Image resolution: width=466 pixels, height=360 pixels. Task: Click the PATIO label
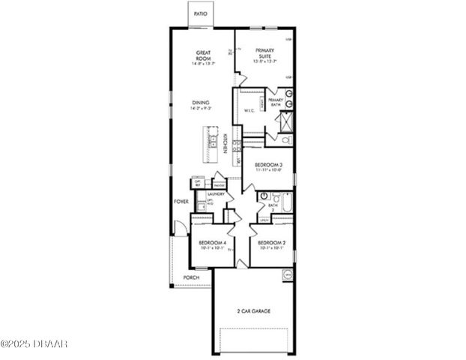pos(201,14)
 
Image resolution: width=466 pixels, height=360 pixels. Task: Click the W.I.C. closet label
pos(249,112)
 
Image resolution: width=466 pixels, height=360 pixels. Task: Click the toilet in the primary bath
pos(285,138)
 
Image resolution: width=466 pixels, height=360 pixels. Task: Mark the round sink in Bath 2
pos(264,195)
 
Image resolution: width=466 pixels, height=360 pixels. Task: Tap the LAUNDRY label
pos(216,193)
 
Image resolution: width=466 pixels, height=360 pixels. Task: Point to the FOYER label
pos(181,202)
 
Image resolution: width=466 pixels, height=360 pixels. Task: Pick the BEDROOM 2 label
pos(270,243)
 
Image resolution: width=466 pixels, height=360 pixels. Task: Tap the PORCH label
pos(193,277)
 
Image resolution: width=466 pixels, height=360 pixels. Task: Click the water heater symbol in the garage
pos(286,276)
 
